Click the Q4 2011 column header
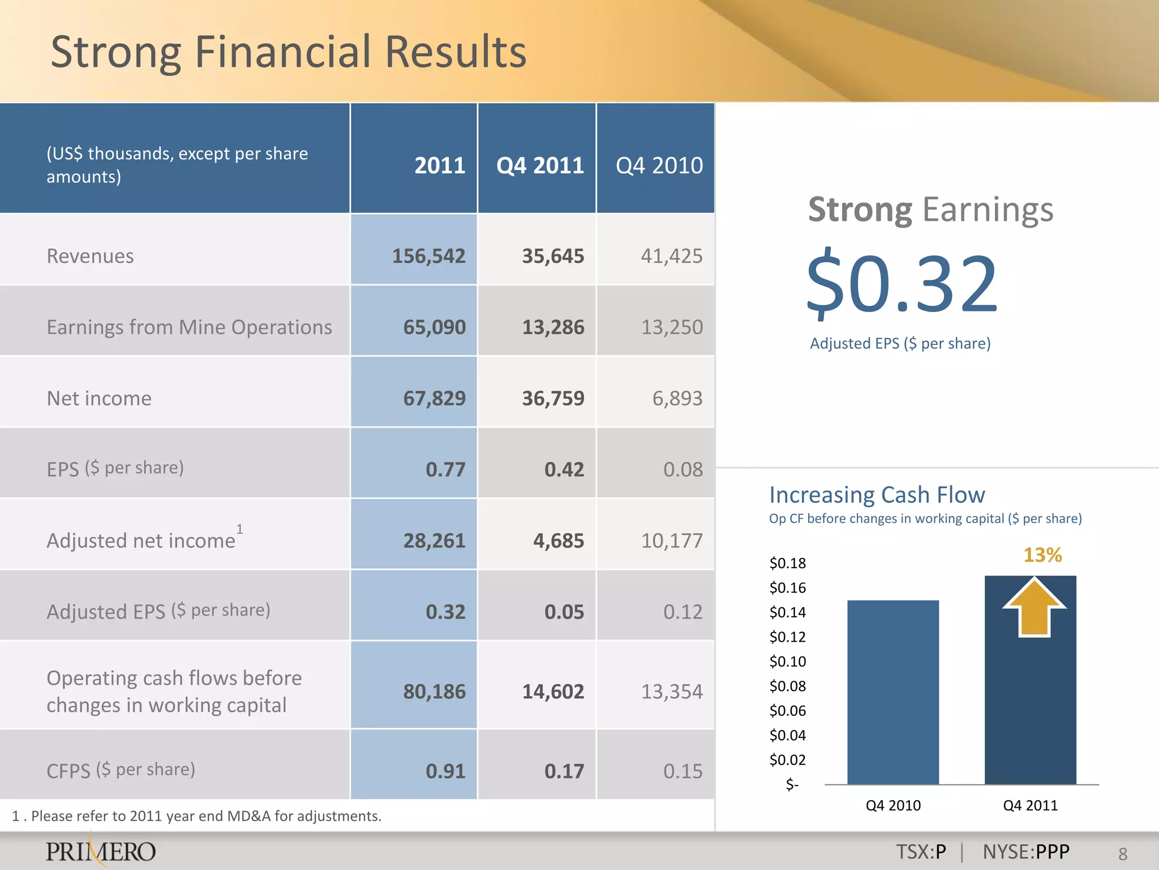pyautogui.click(x=540, y=165)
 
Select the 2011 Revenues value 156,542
pyautogui.click(x=428, y=256)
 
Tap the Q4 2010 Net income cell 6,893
pyautogui.click(x=677, y=398)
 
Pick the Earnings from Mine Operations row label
pyautogui.click(x=189, y=327)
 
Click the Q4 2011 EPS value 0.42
pyautogui.click(x=564, y=470)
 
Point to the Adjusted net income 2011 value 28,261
pyautogui.click(x=434, y=541)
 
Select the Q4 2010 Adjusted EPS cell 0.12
pyautogui.click(x=682, y=612)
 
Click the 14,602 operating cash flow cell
pyautogui.click(x=552, y=692)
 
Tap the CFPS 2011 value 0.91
pyautogui.click(x=445, y=771)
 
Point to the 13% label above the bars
pyautogui.click(x=1042, y=555)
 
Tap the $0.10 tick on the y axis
pyautogui.click(x=787, y=662)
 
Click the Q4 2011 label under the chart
pyautogui.click(x=1030, y=805)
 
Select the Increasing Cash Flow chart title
pyautogui.click(x=877, y=495)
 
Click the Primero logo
pyautogui.click(x=101, y=851)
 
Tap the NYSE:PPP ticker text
pyautogui.click(x=1025, y=852)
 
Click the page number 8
pyautogui.click(x=1123, y=854)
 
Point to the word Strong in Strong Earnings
pyautogui.click(x=860, y=210)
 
